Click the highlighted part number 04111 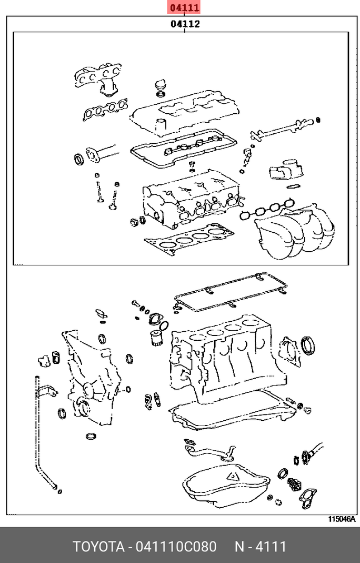pos(184,8)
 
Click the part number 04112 pos(184,24)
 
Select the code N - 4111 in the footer pos(260,546)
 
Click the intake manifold pos(297,232)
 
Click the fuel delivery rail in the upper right pos(284,128)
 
